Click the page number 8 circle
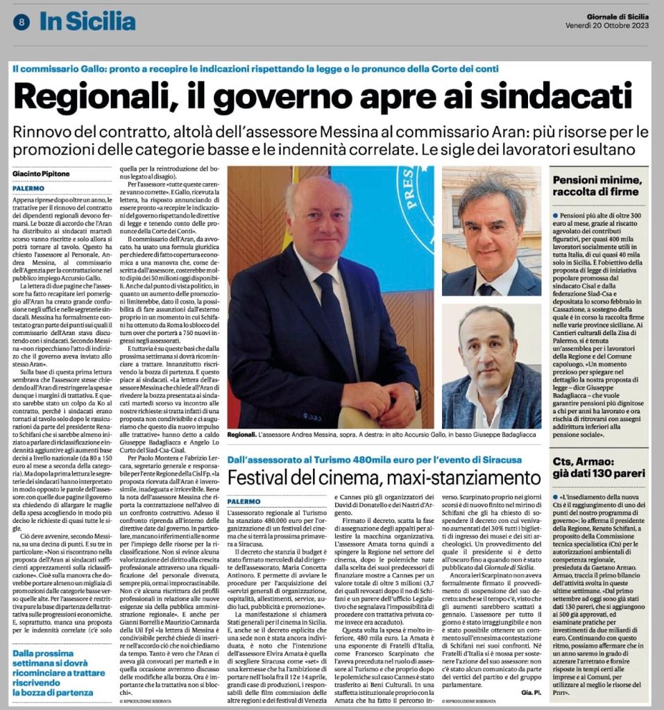pyautogui.click(x=22, y=22)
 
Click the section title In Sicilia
pyautogui.click(x=87, y=21)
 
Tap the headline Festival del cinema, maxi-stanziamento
pyautogui.click(x=384, y=477)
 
